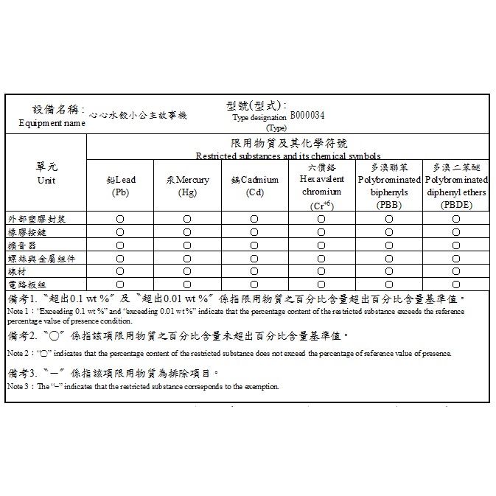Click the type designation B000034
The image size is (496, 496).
click(x=307, y=116)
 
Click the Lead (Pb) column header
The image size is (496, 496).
click(x=120, y=186)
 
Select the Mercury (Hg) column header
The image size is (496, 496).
click(x=187, y=186)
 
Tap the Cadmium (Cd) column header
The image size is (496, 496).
click(x=254, y=186)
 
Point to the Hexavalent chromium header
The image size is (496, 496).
click(x=321, y=186)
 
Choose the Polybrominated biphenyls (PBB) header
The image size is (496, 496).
click(x=388, y=186)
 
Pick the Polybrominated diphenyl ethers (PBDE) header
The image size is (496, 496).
click(x=456, y=186)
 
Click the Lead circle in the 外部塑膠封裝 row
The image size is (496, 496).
click(x=120, y=219)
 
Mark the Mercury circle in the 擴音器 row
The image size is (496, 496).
click(x=187, y=245)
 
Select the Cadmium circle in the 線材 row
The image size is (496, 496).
click(x=254, y=271)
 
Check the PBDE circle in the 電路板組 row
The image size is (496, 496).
click(x=456, y=284)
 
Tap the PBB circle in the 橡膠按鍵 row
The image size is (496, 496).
click(x=388, y=232)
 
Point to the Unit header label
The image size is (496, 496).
click(x=46, y=181)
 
